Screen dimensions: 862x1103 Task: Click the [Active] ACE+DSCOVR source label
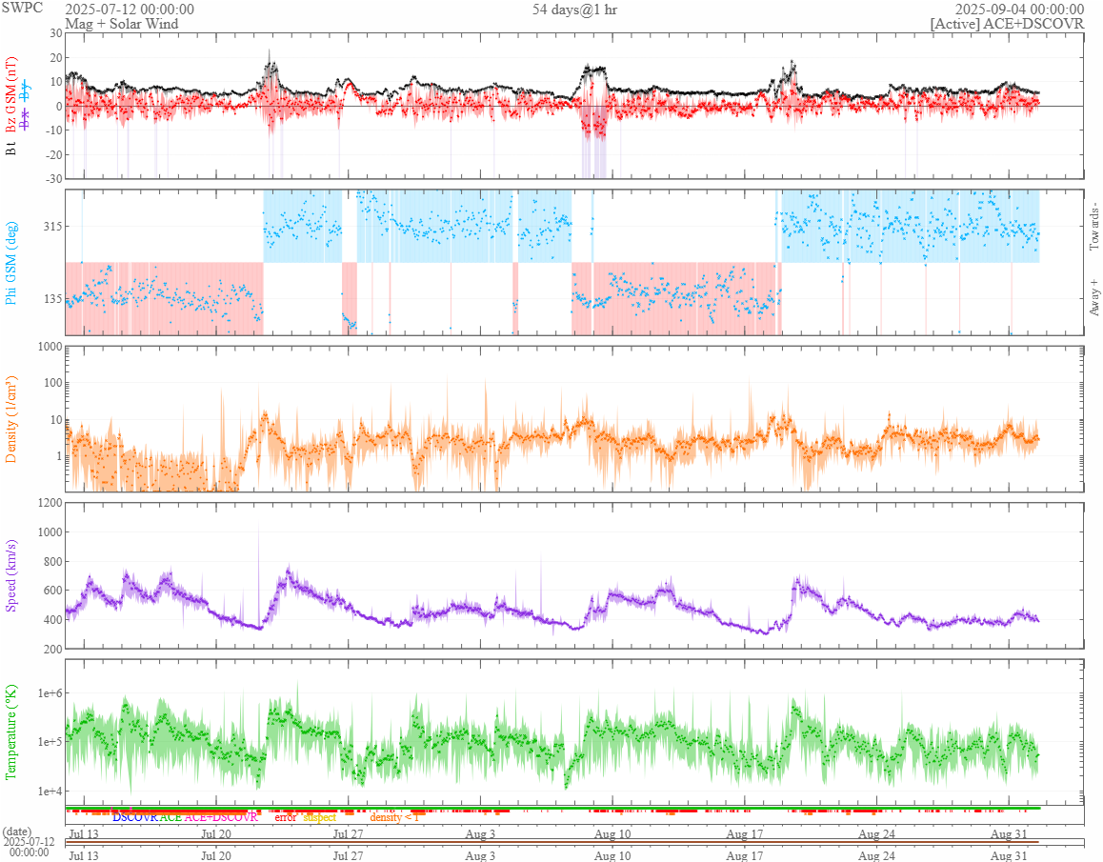1007,23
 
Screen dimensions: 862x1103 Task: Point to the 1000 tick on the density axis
47,347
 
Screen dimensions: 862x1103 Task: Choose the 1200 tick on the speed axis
47,503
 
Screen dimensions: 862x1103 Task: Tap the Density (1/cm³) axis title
12,418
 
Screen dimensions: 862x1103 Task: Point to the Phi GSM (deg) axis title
12,262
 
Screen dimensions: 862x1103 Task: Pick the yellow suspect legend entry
319,817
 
